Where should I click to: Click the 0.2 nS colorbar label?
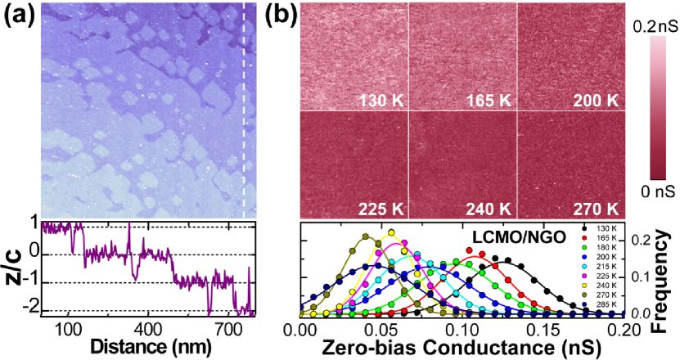click(x=652, y=26)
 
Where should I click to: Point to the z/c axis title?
click(x=13, y=268)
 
